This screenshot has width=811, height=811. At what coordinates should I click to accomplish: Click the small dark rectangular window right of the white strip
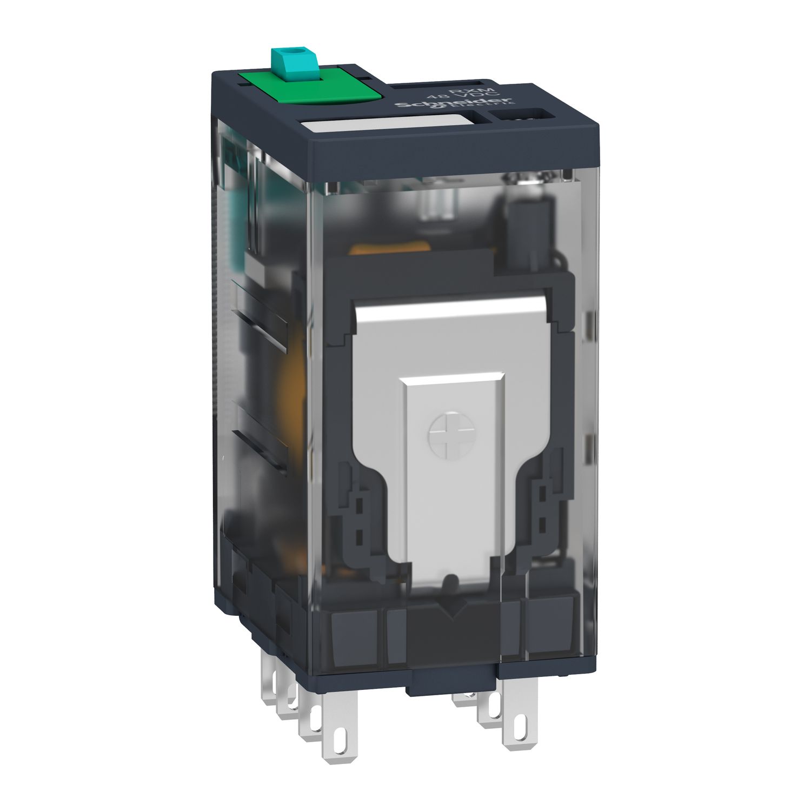point(520,115)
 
